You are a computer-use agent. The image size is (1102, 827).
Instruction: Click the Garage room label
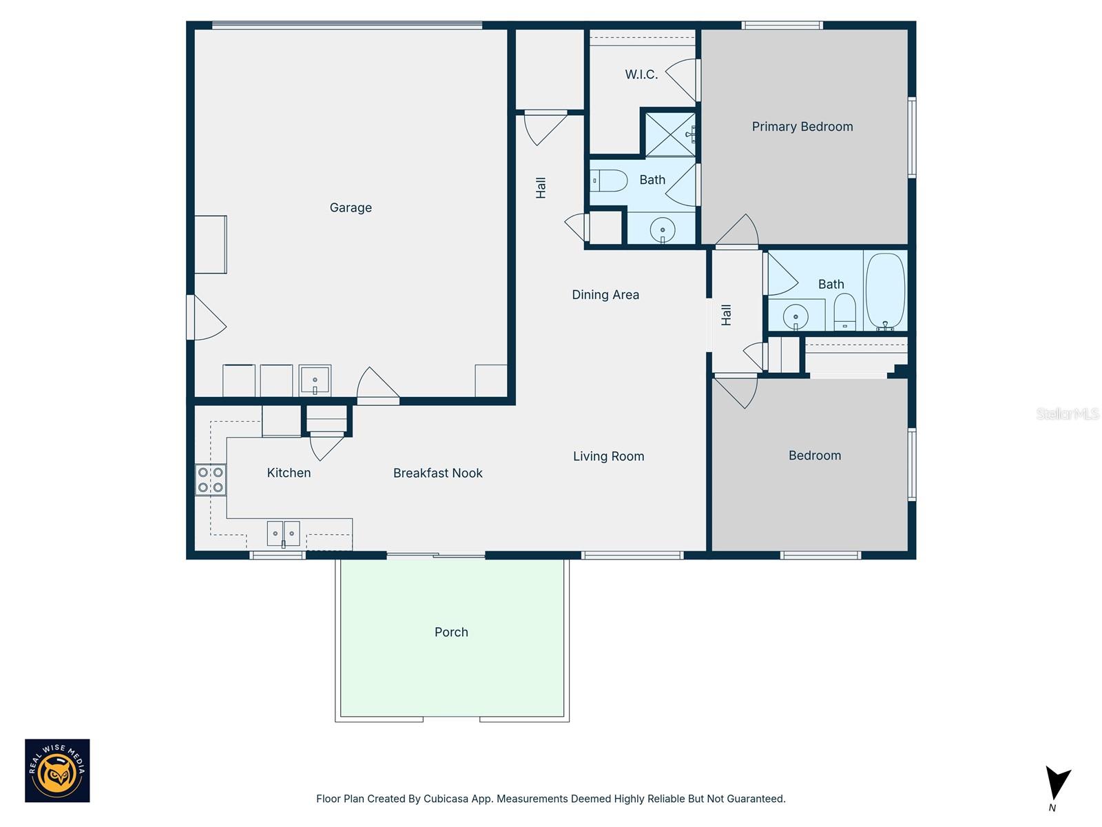coord(351,207)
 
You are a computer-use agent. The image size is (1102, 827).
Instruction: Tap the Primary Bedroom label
coord(802,127)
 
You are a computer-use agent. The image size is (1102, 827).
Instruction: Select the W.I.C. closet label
coord(641,74)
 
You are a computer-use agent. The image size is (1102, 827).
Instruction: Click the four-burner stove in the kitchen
coord(211,480)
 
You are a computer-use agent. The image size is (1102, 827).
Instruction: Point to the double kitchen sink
coord(283,533)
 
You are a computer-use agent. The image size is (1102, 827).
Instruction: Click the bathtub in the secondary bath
coord(885,292)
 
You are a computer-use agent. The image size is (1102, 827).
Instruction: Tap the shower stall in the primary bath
coord(669,134)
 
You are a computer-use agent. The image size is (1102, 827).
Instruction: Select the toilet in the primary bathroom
coord(609,181)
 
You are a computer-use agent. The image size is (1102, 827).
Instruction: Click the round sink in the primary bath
coord(663,229)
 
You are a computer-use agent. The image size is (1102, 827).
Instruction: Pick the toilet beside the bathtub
coord(844,312)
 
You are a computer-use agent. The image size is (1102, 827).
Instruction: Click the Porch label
coord(451,632)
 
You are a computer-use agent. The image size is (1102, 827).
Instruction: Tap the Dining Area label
coord(605,295)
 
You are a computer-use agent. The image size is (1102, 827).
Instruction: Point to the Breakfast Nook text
coord(437,473)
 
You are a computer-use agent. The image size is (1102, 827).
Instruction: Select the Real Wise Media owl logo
coord(57,770)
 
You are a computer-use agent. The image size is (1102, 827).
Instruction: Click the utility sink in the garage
coord(315,380)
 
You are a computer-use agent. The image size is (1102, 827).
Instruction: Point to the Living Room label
coord(608,456)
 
